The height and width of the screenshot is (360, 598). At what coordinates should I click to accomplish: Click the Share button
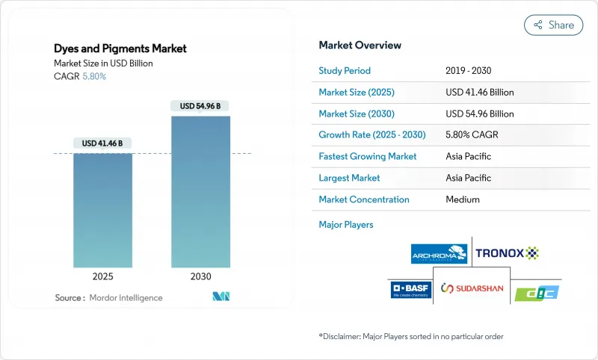[x=554, y=25]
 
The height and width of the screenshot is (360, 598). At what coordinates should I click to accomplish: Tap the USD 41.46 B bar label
[x=102, y=143]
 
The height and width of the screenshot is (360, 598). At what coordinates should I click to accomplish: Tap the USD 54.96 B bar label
[x=200, y=106]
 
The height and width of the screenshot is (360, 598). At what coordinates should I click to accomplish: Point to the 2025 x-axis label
[x=102, y=276]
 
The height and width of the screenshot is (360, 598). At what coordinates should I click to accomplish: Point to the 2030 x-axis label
[x=200, y=276]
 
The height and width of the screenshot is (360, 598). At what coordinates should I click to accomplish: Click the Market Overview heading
[x=360, y=45]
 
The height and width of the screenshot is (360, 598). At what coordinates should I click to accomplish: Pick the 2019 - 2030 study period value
[x=468, y=71]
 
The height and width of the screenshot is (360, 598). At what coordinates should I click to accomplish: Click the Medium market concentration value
[x=462, y=199]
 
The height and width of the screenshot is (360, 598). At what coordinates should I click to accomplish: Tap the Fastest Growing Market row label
[x=367, y=157]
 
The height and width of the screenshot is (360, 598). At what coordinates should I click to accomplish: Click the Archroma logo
[x=440, y=254]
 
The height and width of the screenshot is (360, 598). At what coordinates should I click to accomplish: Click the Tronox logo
[x=507, y=253]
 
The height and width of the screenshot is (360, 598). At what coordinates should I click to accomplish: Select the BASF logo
[x=410, y=289]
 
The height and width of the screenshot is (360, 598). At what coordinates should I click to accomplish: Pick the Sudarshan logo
[x=472, y=288]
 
